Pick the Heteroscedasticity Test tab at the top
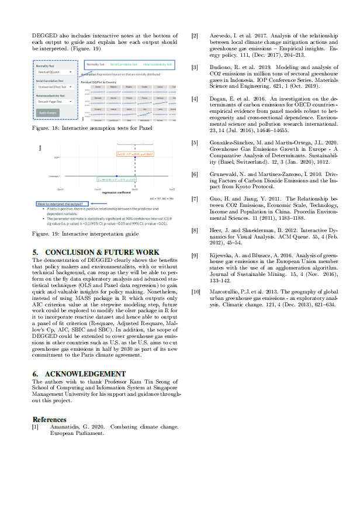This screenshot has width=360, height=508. [157, 64]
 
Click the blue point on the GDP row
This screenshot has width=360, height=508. [135, 158]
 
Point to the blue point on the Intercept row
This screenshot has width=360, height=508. [116, 175]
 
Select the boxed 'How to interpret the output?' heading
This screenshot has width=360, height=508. [57, 203]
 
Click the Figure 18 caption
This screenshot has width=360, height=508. [92, 127]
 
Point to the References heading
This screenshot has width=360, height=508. [49, 419]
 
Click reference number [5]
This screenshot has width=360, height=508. [195, 143]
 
